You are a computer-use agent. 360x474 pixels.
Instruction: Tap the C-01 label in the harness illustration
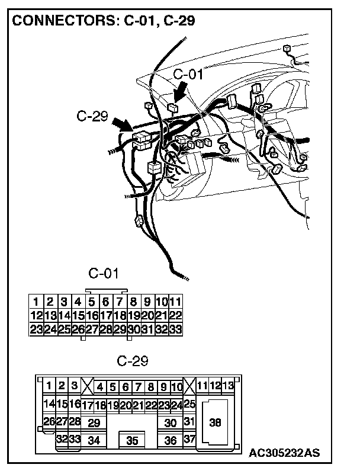[x=188, y=74]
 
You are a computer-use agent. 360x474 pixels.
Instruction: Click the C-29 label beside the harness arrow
[x=92, y=116]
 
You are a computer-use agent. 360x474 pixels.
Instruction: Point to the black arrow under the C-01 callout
[x=181, y=93]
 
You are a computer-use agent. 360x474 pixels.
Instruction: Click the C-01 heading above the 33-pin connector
[x=104, y=274]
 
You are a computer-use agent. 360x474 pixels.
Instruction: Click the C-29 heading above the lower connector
[x=133, y=360]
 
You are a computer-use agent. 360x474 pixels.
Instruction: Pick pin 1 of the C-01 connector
[x=36, y=302]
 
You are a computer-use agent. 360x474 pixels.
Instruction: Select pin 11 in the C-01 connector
[x=175, y=302]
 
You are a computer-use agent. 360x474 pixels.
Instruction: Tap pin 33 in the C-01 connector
[x=175, y=329]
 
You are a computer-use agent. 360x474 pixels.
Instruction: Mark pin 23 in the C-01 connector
[x=36, y=329]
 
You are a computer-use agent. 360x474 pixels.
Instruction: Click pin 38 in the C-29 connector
[x=216, y=422]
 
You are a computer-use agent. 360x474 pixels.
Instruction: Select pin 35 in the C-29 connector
[x=133, y=441]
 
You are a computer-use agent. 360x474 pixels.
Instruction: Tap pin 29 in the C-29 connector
[x=94, y=423]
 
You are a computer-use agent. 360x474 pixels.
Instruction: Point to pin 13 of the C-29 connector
[x=228, y=386]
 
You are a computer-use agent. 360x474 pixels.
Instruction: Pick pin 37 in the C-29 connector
[x=189, y=440]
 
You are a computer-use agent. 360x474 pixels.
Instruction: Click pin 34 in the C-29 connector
[x=94, y=441]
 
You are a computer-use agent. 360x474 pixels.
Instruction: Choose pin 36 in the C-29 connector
[x=171, y=441]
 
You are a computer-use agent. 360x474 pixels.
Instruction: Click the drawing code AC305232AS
[x=284, y=453]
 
